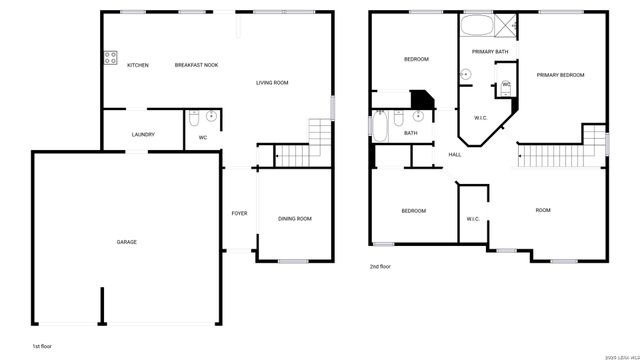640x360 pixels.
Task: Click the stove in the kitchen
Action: [x=109, y=56]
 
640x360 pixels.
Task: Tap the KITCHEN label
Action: [x=138, y=66]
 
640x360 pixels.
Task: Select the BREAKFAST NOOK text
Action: [x=196, y=66]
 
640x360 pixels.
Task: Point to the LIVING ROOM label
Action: [x=272, y=83]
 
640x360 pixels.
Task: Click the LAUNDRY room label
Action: [x=143, y=134]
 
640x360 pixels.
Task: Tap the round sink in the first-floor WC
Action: [x=211, y=119]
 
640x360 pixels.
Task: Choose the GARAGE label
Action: [x=127, y=242]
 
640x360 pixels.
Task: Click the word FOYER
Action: [x=240, y=213]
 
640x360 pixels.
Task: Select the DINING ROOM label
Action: [x=294, y=218]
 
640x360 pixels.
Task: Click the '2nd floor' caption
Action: [x=380, y=267]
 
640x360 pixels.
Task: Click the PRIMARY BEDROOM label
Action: [x=560, y=75]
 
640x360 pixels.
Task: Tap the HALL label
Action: [x=455, y=154]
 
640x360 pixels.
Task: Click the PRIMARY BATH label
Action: [x=490, y=50]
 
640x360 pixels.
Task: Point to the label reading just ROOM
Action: [x=543, y=210]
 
